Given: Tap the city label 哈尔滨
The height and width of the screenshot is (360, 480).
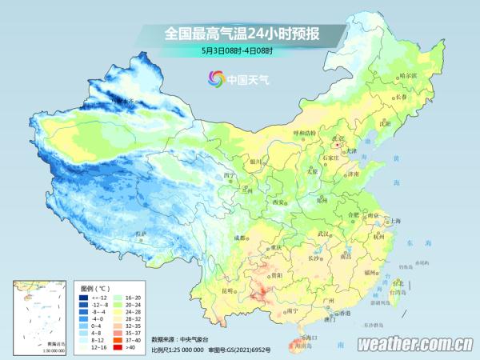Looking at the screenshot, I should (x=408, y=75).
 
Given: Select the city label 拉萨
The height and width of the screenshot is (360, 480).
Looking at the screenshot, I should (x=142, y=234).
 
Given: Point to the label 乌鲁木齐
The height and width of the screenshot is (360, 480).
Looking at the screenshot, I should (x=126, y=100).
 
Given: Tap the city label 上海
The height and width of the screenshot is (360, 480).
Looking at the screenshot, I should (x=393, y=221).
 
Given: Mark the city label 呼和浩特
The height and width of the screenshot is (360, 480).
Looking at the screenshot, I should (x=304, y=132).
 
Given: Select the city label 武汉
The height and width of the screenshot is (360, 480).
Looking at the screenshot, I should (x=323, y=234).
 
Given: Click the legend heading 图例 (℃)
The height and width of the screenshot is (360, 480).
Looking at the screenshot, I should (x=95, y=286).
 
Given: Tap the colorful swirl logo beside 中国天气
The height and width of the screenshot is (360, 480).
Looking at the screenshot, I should (x=216, y=78).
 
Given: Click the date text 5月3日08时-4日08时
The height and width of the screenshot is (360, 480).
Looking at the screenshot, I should (x=238, y=51).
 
